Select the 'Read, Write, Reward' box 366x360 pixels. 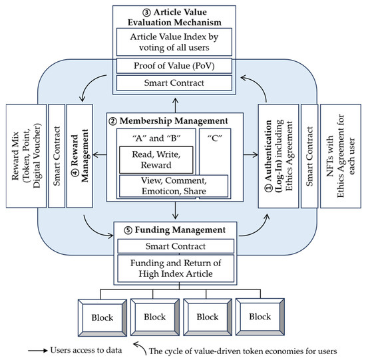[154, 158]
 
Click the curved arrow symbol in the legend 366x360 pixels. [137, 345]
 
